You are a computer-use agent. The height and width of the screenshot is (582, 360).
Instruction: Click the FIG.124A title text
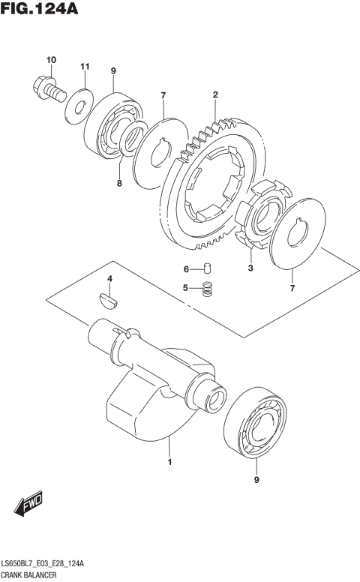(x=42, y=10)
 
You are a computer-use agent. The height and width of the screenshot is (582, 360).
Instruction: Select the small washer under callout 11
(x=77, y=104)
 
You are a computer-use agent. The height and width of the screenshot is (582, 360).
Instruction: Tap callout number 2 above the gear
(x=215, y=95)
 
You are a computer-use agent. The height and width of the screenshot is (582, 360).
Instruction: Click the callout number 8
(x=118, y=181)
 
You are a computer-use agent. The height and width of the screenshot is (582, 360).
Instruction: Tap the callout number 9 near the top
(x=113, y=71)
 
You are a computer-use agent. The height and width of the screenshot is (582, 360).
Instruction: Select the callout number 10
(x=51, y=60)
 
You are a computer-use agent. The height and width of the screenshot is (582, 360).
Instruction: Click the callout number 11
(x=85, y=67)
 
